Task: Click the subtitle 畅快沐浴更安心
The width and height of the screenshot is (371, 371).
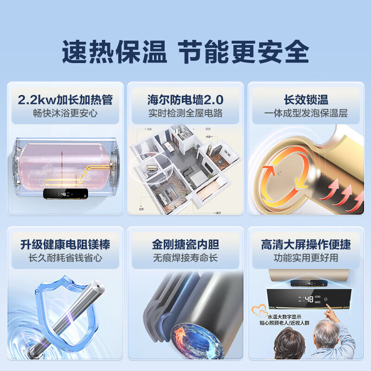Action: coord(65,113)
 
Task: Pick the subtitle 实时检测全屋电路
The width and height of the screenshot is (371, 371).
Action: coord(185,113)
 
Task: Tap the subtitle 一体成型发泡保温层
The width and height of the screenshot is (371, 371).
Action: coord(306,113)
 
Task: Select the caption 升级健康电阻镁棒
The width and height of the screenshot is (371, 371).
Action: coord(65,244)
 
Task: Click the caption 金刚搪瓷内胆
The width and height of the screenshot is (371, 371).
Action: coord(185,244)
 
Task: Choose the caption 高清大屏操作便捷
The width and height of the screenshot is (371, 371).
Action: coord(306,244)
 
